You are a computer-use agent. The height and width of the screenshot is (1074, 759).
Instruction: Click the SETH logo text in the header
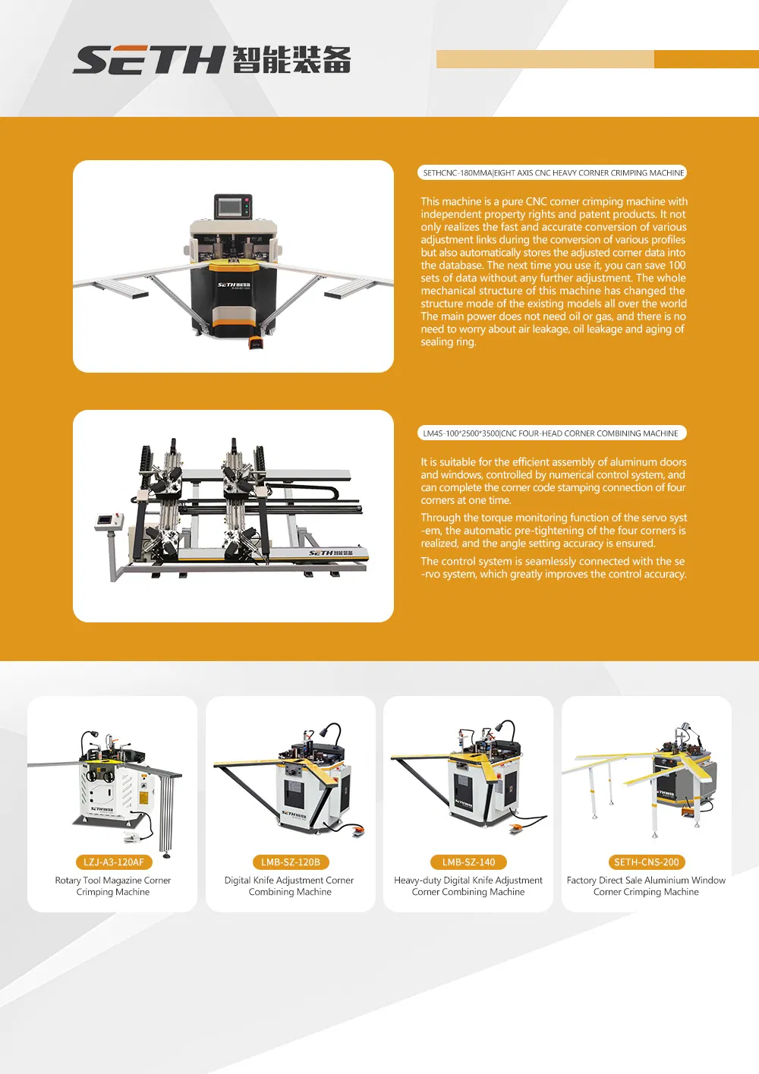click(149, 60)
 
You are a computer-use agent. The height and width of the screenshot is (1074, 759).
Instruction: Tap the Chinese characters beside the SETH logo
click(291, 60)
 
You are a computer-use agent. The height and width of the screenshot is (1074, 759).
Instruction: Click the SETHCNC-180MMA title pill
click(553, 173)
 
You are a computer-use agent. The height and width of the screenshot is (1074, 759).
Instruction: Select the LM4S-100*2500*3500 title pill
click(552, 433)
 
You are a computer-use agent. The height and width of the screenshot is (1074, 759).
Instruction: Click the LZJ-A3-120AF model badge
click(114, 862)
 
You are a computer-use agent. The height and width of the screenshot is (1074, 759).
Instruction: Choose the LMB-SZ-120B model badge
click(291, 862)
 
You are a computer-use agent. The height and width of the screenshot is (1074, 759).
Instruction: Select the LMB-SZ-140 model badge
click(468, 862)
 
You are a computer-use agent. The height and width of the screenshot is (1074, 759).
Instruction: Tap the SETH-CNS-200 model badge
click(647, 862)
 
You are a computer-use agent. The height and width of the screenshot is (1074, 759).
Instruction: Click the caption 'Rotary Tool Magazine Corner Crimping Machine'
click(113, 886)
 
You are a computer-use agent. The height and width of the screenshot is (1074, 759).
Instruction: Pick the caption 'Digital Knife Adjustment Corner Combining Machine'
click(290, 886)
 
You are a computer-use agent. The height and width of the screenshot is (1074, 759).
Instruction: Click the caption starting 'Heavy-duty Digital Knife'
click(468, 886)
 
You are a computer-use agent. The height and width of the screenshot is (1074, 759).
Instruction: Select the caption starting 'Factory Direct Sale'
click(646, 886)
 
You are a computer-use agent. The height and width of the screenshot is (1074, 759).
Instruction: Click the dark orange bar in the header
click(706, 59)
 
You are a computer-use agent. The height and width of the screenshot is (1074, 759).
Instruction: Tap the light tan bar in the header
click(545, 59)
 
